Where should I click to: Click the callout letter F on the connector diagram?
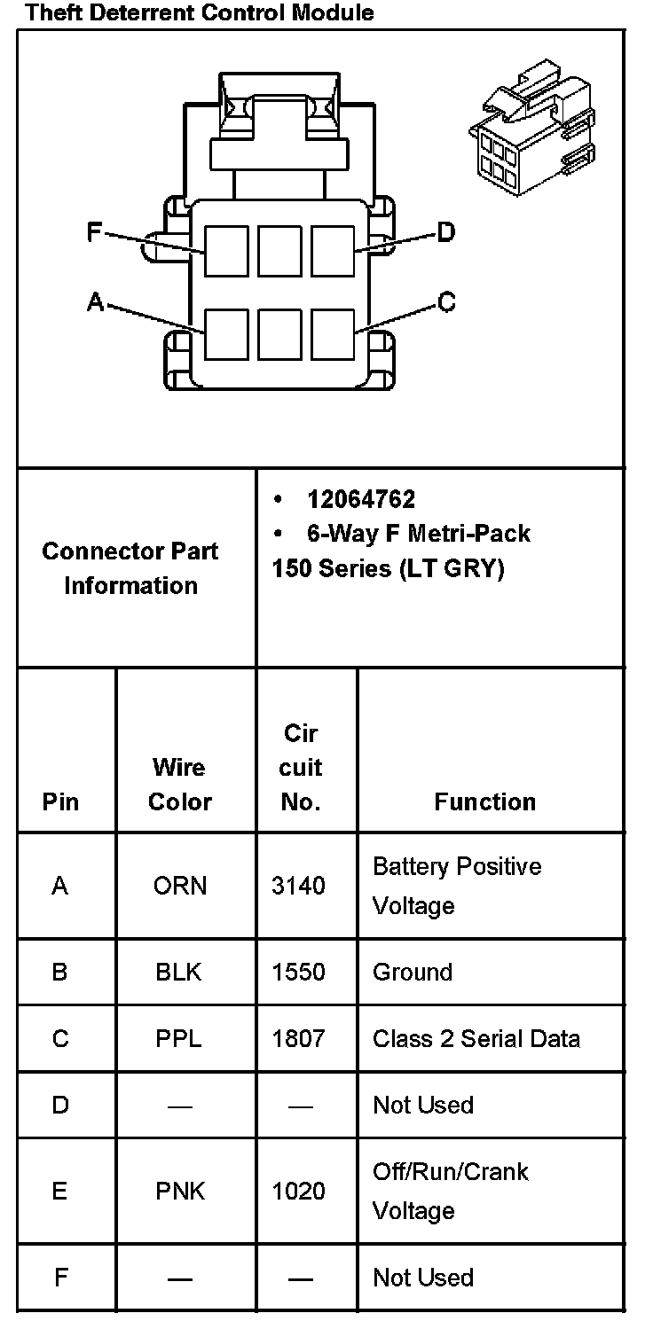[94, 232]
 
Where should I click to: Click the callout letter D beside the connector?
[445, 232]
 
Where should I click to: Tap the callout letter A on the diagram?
[95, 303]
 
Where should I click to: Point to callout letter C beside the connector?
[446, 303]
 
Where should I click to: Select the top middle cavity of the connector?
[279, 251]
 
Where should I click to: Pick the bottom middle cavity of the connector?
[279, 334]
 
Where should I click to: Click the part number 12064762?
[360, 499]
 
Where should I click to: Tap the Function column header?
[484, 801]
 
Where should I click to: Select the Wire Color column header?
[180, 784]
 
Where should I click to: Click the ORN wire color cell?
[180, 886]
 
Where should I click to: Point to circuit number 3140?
[298, 886]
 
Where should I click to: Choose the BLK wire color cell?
[179, 972]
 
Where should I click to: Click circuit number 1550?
[298, 972]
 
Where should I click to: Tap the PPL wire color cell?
[179, 1038]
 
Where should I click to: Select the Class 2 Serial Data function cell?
[476, 1038]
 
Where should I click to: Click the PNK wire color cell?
[180, 1191]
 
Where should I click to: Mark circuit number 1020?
[298, 1191]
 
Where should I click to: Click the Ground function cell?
[413, 972]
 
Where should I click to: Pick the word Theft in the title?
[50, 12]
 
